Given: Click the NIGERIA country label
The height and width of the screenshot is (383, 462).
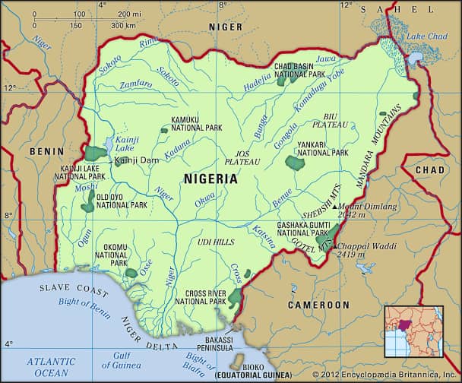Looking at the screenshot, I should (210, 179).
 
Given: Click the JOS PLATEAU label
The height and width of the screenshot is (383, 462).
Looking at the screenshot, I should (242, 157).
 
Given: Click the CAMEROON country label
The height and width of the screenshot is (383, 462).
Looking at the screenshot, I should (318, 305).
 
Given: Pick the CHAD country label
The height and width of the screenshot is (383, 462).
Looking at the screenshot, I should (429, 169).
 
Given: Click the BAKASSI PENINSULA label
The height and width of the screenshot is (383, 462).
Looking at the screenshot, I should (213, 343).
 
